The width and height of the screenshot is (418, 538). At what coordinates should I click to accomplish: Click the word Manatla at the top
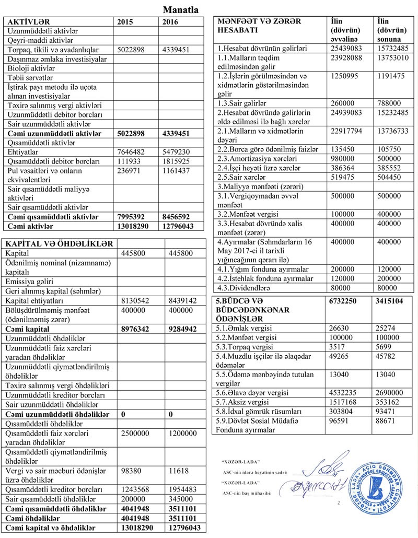pos(180,9)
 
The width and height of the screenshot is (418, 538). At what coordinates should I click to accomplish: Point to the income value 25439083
pos(349,49)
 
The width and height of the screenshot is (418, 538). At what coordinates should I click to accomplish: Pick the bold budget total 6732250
pos(349,302)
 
